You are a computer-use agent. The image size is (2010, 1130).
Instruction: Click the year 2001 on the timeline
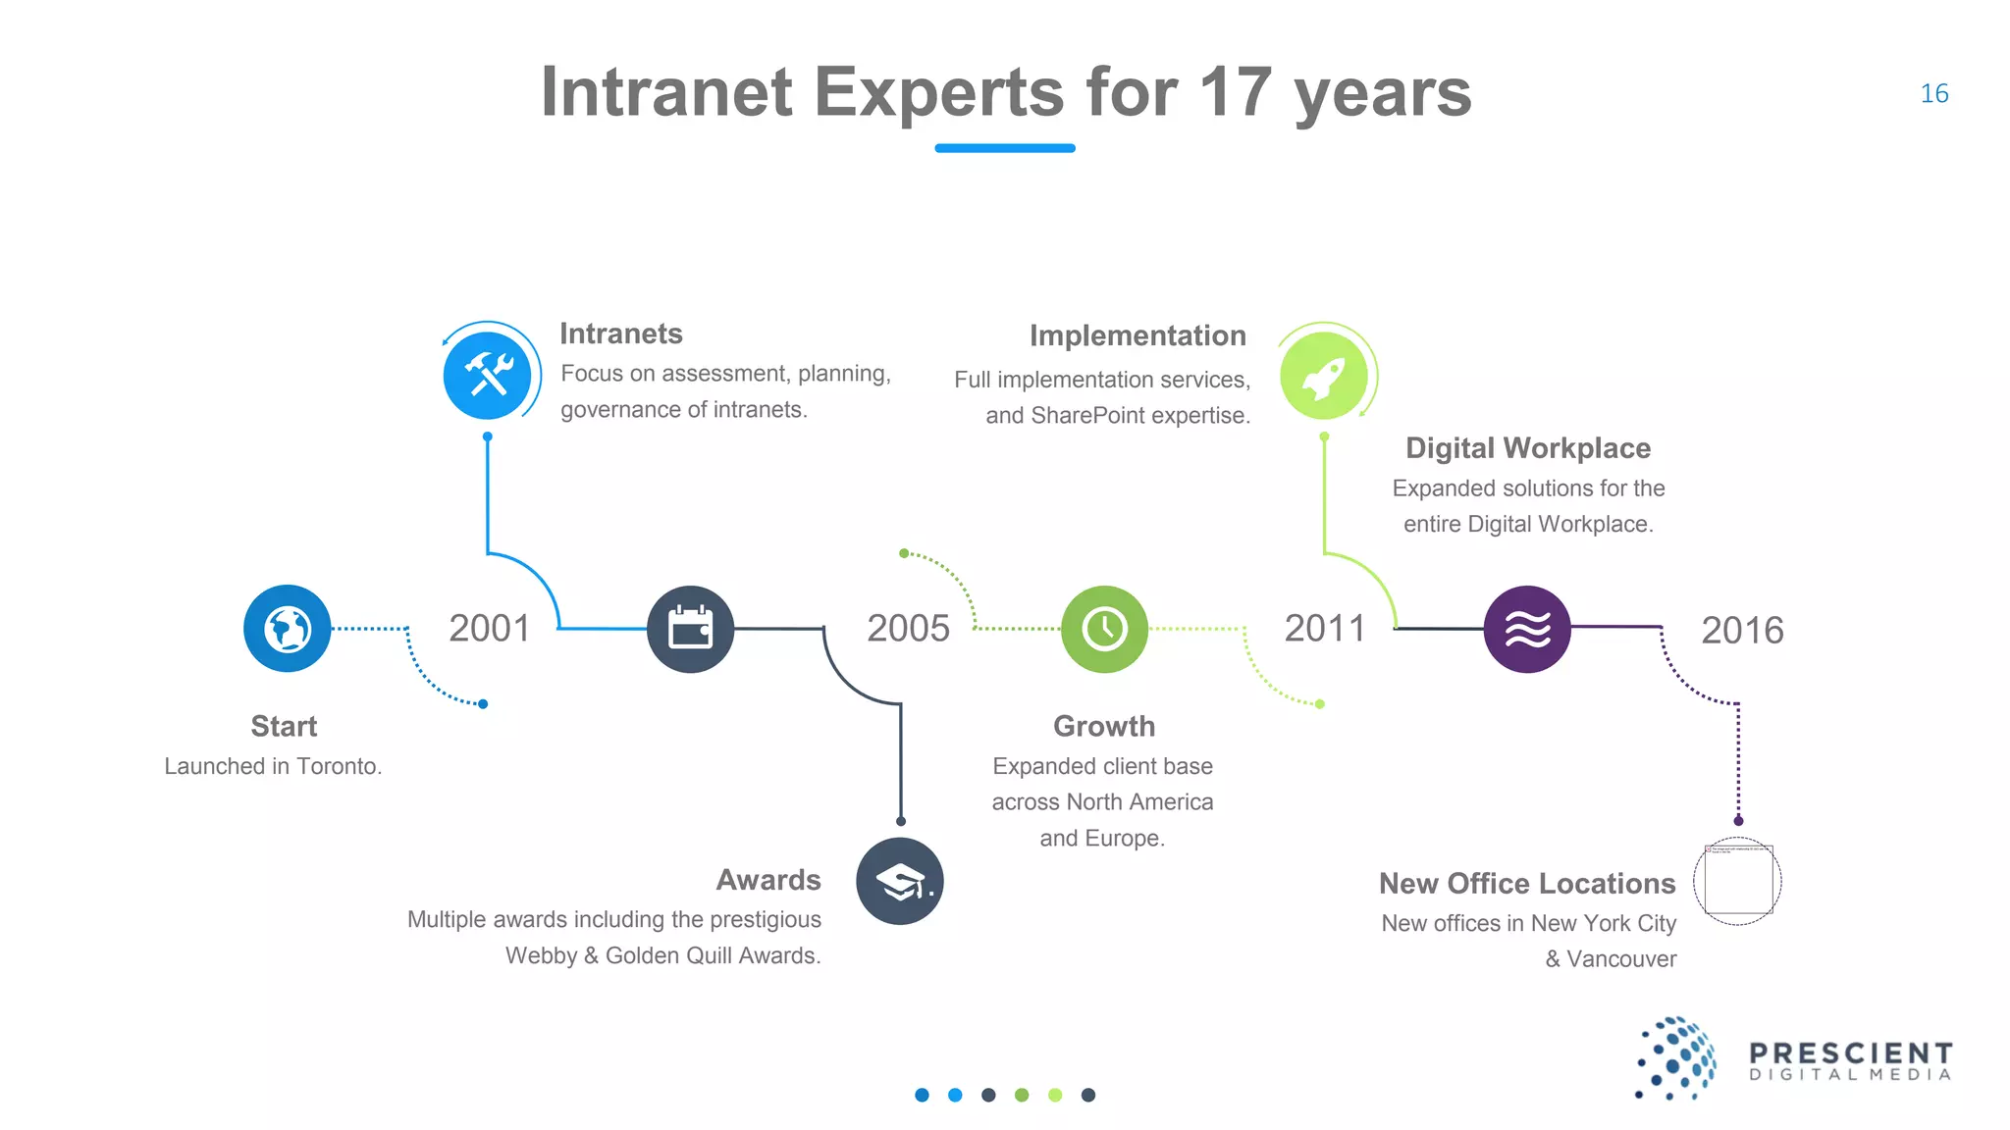tap(489, 629)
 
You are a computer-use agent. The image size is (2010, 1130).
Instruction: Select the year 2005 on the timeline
tap(908, 629)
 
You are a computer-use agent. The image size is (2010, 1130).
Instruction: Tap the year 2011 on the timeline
tap(1325, 629)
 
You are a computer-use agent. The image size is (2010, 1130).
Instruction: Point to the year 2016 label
tap(1742, 631)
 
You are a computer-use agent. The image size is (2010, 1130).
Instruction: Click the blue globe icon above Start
tap(288, 629)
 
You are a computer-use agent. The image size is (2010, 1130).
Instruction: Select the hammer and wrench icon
tap(488, 376)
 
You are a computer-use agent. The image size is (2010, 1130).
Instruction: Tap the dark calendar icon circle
tap(690, 629)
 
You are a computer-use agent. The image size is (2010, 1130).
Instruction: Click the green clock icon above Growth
tap(1104, 629)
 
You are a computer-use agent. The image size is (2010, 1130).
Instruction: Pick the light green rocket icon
tap(1323, 376)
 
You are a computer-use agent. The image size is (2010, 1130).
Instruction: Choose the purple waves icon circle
tap(1526, 629)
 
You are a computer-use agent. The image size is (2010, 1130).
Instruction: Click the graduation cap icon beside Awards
tap(899, 881)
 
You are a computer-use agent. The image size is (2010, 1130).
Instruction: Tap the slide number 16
tap(1933, 94)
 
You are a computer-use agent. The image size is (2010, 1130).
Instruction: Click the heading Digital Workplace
tap(1527, 448)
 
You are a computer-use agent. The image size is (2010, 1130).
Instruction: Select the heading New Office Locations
tap(1526, 884)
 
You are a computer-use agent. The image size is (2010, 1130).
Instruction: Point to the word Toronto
tap(338, 766)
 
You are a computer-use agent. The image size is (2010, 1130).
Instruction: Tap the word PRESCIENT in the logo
tap(1850, 1053)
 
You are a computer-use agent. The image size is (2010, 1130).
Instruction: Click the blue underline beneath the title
tap(1004, 148)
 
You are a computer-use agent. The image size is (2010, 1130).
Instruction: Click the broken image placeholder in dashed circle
tap(1737, 881)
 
